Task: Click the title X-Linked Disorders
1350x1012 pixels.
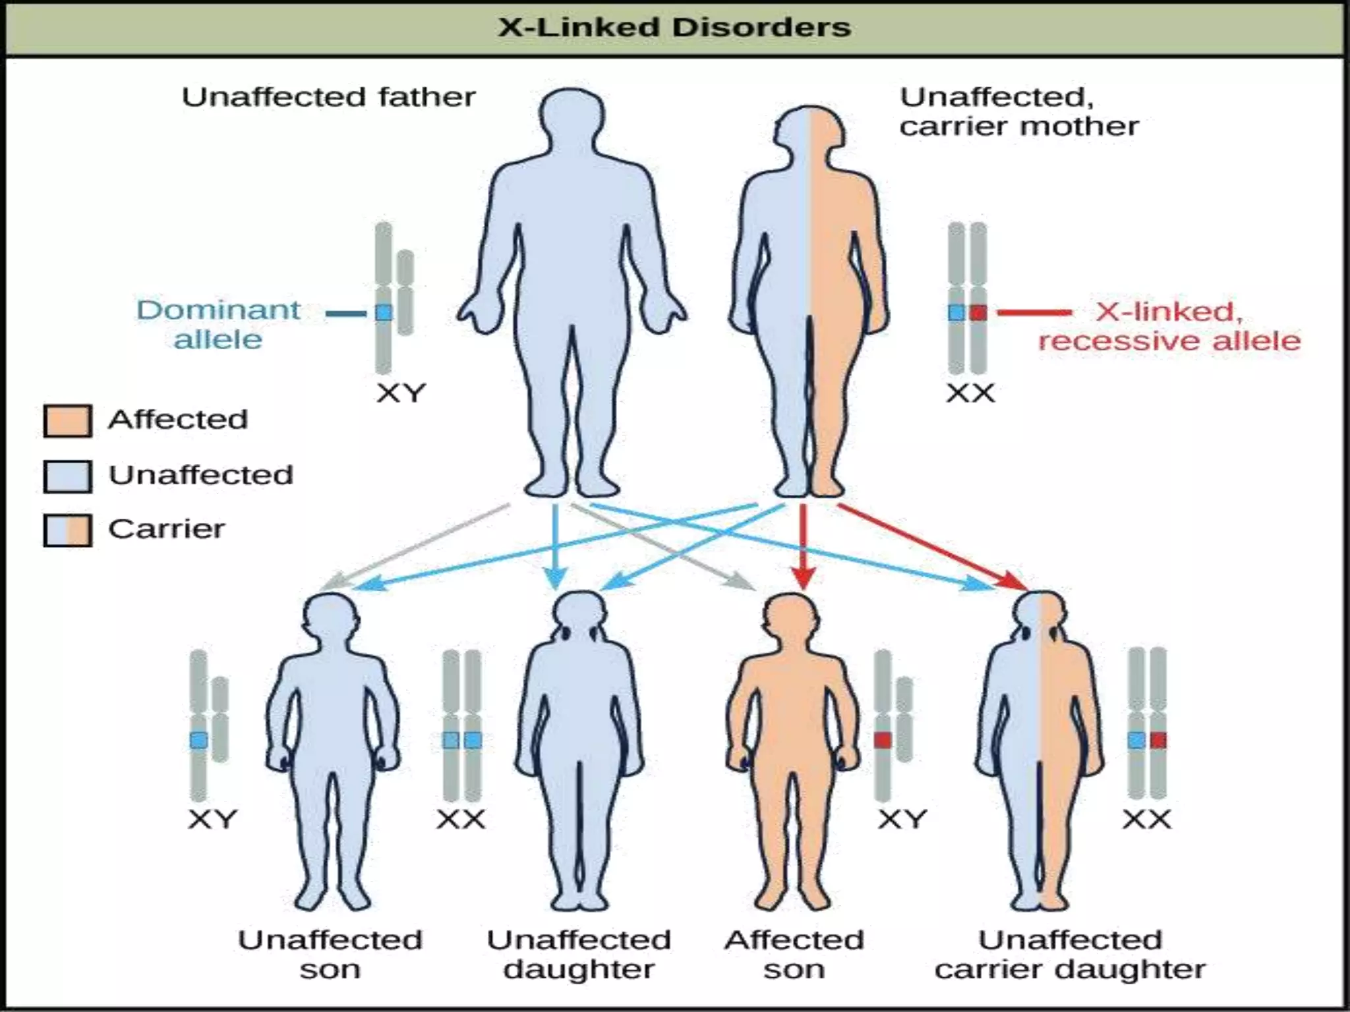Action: (x=674, y=28)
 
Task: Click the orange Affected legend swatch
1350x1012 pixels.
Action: (x=67, y=421)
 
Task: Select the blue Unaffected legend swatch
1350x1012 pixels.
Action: (x=67, y=476)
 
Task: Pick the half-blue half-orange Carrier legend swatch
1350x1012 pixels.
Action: (x=67, y=530)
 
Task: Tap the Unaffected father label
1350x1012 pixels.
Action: (x=328, y=98)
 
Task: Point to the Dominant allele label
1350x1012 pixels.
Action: (x=218, y=324)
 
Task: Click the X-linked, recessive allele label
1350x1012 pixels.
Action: (x=1169, y=326)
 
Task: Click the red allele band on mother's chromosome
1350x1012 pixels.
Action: (x=979, y=312)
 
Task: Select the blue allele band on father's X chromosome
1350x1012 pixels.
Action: (x=384, y=312)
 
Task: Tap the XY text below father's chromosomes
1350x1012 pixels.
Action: (x=401, y=393)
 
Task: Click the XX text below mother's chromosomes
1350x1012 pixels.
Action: (x=970, y=393)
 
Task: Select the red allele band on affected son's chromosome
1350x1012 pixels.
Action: (x=883, y=740)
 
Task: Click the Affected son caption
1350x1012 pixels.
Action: (x=794, y=954)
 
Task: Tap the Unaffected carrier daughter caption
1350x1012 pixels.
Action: (x=1070, y=954)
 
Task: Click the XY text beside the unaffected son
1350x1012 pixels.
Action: (x=212, y=820)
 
